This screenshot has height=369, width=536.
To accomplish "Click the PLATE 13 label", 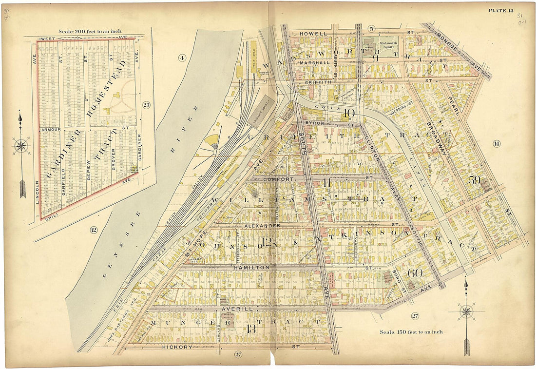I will tap(501, 11).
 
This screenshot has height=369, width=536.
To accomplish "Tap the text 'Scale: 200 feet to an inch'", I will tap(90, 31).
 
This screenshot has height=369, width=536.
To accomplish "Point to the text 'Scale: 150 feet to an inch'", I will tap(411, 332).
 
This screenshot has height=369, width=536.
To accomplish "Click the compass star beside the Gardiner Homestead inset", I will tap(21, 146).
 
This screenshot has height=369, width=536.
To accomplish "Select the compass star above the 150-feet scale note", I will tap(466, 311).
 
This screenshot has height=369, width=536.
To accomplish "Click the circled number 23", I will tap(146, 105).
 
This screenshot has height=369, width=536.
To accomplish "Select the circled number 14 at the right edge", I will tap(497, 143).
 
